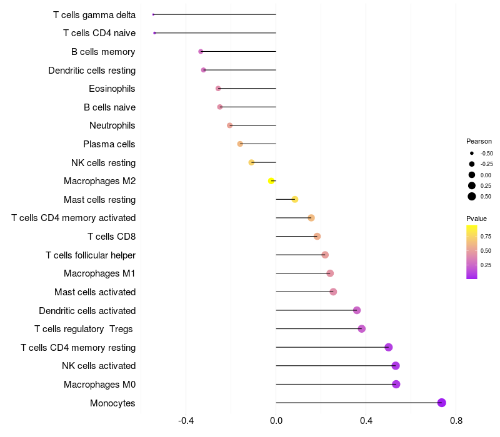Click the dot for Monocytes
point(442,403)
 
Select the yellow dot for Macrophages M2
point(271,181)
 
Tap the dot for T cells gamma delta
point(153,14)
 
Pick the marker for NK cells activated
point(395,366)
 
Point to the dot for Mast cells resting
point(295,200)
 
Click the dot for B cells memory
point(201,51)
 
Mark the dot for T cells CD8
point(317,237)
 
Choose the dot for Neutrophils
point(229,125)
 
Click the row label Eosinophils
point(112,89)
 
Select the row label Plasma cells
point(109,144)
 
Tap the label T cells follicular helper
point(91,255)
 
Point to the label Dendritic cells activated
point(87,311)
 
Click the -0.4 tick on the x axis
point(186,421)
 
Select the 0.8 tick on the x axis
point(456,421)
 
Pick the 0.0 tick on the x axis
point(276,421)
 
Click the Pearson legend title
point(479,141)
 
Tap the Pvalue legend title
point(476,219)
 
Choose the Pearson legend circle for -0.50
point(472,153)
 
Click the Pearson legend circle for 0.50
point(472,196)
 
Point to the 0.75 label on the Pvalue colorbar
point(486,236)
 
